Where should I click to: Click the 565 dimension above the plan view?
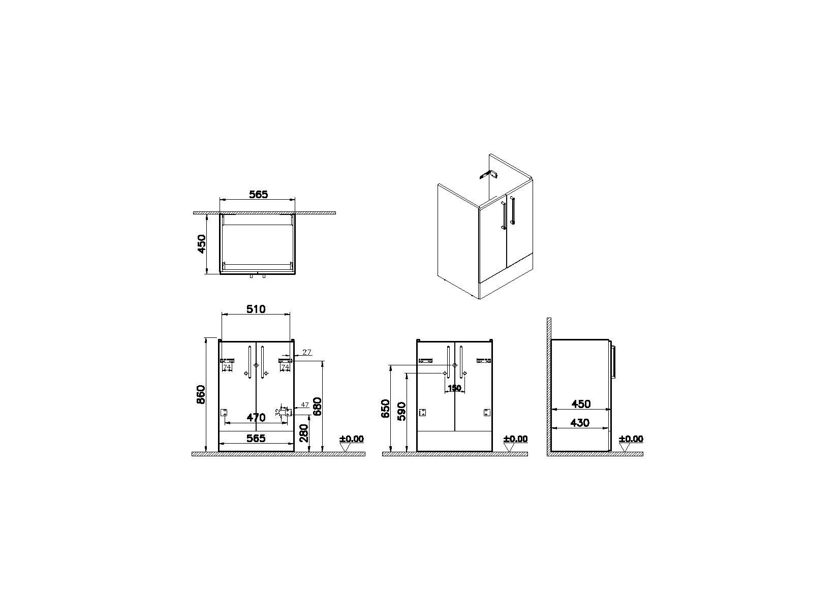pos(258,194)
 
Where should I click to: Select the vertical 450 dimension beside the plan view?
pos(202,244)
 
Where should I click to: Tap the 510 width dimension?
pos(256,309)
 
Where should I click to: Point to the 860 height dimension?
pos(201,394)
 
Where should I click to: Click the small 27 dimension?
pos(307,352)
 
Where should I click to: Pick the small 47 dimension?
pos(304,404)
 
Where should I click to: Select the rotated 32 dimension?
pos(277,412)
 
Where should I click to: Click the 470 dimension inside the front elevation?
pos(256,418)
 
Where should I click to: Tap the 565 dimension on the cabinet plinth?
pos(256,438)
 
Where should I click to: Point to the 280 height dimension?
pos(303,433)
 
